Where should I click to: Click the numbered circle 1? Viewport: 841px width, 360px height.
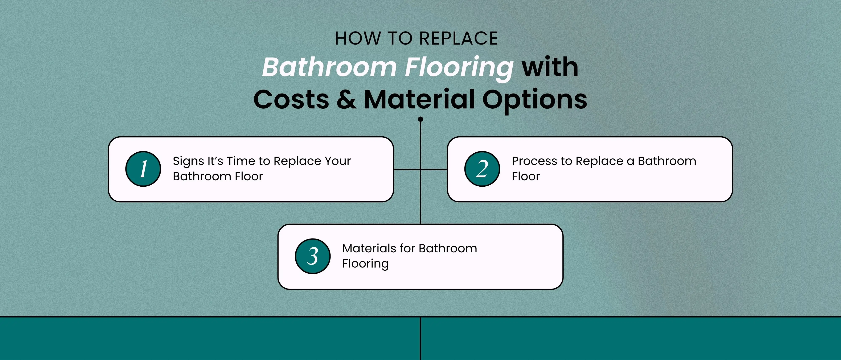point(143,169)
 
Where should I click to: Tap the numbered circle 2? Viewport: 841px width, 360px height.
point(482,169)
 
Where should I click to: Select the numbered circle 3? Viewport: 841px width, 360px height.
point(312,256)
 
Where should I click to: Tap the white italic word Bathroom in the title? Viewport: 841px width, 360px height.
point(329,67)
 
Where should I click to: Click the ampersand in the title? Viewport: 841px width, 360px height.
point(346,99)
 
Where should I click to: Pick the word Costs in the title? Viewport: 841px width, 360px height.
point(291,99)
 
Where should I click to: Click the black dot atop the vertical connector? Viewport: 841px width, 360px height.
point(420,119)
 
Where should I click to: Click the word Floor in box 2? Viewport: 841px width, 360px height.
point(526,176)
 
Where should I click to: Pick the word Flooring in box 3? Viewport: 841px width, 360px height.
point(365,264)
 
